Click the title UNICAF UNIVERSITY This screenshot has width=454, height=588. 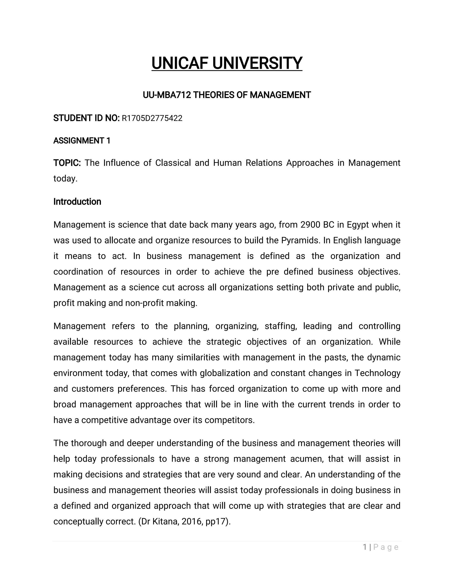[227, 63]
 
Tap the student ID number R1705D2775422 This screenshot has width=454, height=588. [152, 118]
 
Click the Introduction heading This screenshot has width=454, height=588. [77, 202]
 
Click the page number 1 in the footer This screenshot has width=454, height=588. [365, 547]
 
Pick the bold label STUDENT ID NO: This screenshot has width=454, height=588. [86, 118]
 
